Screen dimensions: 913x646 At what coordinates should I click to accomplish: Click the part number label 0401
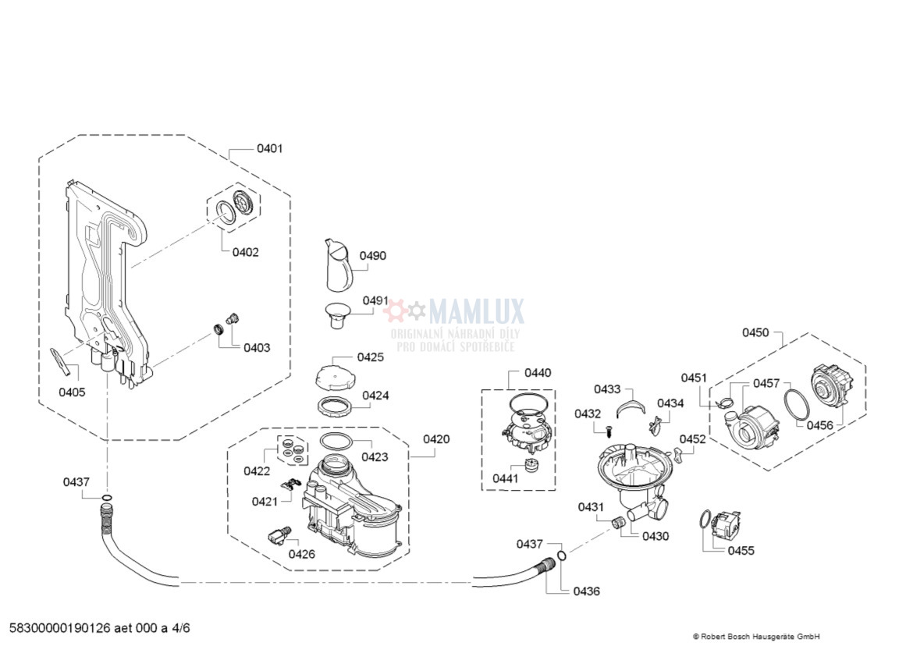[269, 148]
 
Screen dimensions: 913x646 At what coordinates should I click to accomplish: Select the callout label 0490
[373, 255]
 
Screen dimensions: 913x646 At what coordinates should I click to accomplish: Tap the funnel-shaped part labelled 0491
[337, 315]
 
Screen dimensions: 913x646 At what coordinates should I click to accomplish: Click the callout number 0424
[375, 396]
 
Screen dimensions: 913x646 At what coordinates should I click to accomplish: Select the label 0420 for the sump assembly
[436, 439]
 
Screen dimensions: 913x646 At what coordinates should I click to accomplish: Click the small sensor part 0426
[278, 535]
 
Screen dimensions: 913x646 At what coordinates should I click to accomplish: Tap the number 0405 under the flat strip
[73, 392]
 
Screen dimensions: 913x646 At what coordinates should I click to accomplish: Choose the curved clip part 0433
[631, 406]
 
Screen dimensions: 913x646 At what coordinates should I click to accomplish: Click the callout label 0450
[755, 332]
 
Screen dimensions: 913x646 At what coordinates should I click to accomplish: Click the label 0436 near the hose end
[586, 591]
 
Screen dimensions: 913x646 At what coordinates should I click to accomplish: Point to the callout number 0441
[506, 478]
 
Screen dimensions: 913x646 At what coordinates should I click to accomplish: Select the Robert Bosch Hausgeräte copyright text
[756, 637]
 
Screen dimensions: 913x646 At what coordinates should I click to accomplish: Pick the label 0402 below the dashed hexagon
[245, 252]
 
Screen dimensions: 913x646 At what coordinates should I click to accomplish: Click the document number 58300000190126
[60, 628]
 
